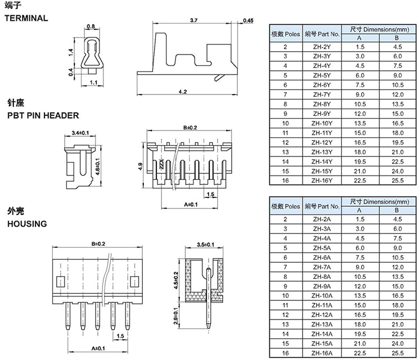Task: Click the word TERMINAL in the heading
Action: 26,18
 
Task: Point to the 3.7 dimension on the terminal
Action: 193,20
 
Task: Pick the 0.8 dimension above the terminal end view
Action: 92,26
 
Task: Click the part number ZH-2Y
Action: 322,47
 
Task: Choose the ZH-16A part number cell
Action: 322,353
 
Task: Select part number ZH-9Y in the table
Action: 322,114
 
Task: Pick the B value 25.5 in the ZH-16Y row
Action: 397,180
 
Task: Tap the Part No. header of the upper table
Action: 322,33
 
